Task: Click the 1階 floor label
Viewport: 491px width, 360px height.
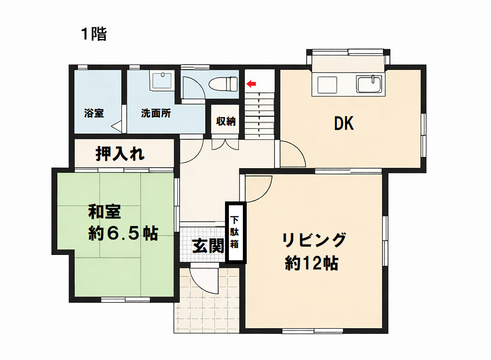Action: [x=93, y=34]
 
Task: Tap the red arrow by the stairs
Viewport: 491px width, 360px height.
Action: [x=251, y=84]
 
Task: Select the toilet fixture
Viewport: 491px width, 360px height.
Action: [x=223, y=84]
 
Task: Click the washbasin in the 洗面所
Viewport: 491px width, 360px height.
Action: [x=162, y=80]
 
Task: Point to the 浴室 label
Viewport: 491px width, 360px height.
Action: [x=94, y=114]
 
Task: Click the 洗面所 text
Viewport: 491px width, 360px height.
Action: [x=156, y=114]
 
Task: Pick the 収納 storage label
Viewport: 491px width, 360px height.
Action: [x=226, y=121]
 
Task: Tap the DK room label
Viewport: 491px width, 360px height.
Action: [x=344, y=124]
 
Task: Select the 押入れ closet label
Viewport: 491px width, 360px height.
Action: [x=119, y=154]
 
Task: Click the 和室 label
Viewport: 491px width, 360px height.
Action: [x=104, y=212]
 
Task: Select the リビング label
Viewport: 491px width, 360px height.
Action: [x=314, y=240]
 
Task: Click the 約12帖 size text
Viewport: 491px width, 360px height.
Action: [x=311, y=263]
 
